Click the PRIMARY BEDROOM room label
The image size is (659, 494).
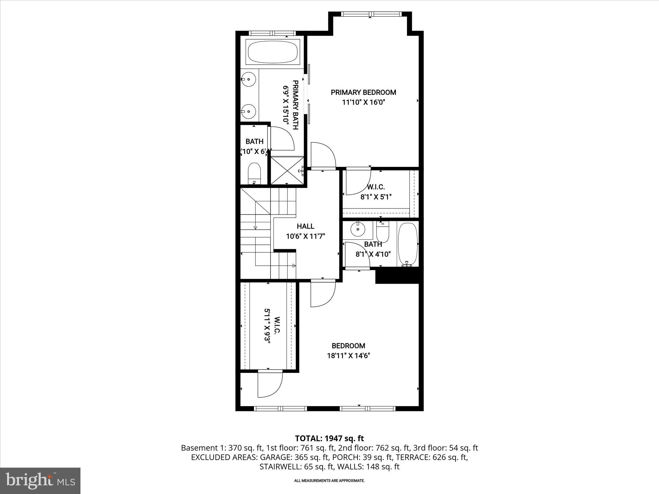point(363,93)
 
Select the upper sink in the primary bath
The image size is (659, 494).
point(248,79)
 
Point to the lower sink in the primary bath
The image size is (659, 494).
point(248,111)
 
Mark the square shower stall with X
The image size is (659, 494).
point(287,170)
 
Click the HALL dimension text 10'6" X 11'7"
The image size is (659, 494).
point(305,236)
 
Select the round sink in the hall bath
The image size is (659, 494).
point(358,230)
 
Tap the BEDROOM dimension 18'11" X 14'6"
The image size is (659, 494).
point(348,356)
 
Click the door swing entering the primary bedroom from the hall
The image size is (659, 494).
point(323,155)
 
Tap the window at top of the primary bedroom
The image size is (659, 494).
point(371,14)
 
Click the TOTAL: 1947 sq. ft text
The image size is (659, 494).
point(329,438)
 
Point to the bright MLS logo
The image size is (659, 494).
point(40,480)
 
